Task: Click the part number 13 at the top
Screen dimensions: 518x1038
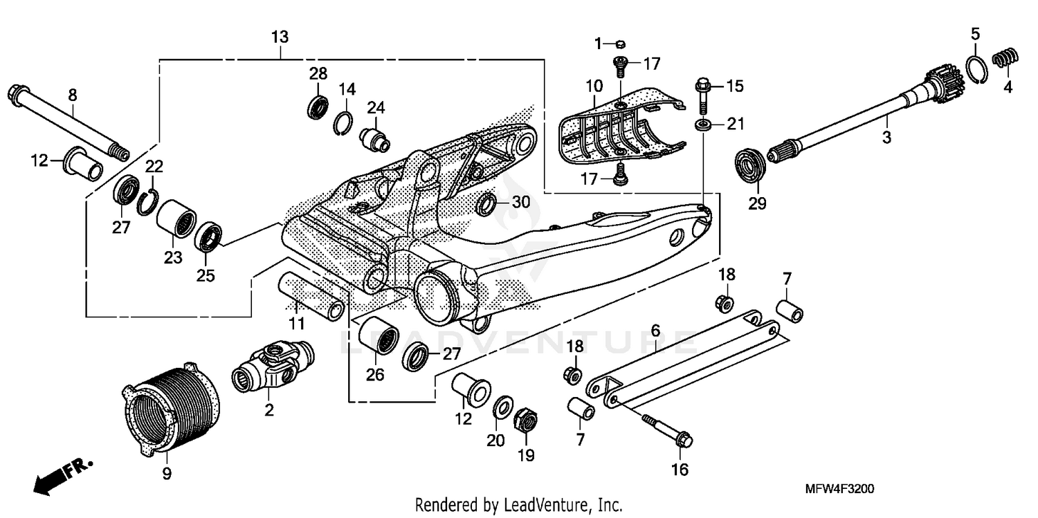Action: click(x=280, y=37)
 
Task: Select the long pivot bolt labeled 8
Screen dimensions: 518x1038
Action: click(x=66, y=120)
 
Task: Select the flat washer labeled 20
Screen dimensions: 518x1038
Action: click(x=502, y=407)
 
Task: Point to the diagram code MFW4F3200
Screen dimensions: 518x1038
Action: click(x=839, y=489)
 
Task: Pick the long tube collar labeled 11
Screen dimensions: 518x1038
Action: click(x=311, y=295)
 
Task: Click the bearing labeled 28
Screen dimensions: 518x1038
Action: click(x=318, y=107)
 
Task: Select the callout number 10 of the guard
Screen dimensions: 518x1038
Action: click(x=594, y=86)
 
